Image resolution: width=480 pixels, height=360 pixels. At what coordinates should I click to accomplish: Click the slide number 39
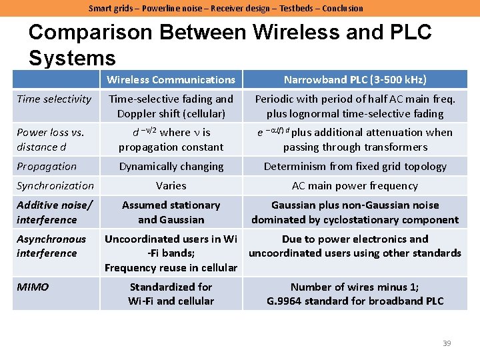[447, 343]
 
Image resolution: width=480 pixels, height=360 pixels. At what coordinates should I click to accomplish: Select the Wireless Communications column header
[171, 79]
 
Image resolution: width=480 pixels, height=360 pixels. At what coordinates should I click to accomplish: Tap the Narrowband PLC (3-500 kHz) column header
[355, 79]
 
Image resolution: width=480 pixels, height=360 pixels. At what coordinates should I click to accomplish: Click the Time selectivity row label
[54, 99]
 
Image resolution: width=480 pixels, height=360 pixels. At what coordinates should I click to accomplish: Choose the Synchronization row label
[55, 185]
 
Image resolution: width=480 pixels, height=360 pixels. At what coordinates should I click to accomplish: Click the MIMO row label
[33, 287]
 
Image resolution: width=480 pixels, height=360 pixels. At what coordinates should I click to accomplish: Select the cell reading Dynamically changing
[171, 166]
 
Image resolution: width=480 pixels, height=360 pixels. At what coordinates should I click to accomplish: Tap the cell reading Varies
[171, 185]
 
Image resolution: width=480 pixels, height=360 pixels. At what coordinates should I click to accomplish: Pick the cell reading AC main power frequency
[355, 185]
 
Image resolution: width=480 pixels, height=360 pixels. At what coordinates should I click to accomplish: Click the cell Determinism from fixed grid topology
[355, 166]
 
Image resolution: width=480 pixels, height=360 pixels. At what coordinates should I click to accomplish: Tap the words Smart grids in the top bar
[109, 8]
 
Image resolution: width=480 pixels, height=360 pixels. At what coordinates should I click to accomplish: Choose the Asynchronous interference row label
[51, 246]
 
